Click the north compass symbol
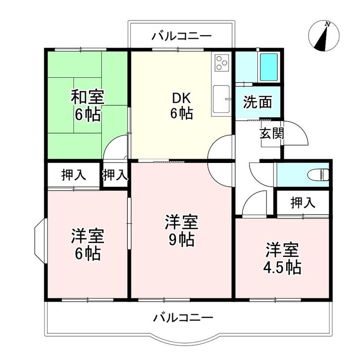(x=324, y=36)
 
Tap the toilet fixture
(x=319, y=175)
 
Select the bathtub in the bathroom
(x=269, y=67)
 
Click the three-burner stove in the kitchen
(x=222, y=62)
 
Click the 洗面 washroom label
(x=257, y=102)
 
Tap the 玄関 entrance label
(x=272, y=133)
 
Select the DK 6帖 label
(x=181, y=106)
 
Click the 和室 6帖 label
(x=88, y=106)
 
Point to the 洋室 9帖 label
(x=181, y=231)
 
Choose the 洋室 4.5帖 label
(x=282, y=258)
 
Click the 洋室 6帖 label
(x=88, y=244)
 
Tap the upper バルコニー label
(x=181, y=36)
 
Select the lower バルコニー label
(x=183, y=318)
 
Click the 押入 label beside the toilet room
(x=303, y=203)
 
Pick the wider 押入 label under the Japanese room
(x=73, y=175)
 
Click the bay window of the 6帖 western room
(x=41, y=241)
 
